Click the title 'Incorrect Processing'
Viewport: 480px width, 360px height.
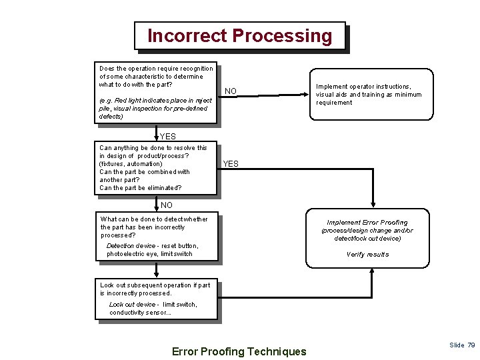pos(239,35)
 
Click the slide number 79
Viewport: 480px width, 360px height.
pos(471,345)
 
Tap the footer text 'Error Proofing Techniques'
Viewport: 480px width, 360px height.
pos(239,351)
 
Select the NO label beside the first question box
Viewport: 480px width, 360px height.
pos(231,91)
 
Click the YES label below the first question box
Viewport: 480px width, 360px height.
pos(167,137)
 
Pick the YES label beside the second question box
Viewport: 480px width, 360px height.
pos(231,164)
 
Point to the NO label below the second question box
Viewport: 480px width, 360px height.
pos(166,205)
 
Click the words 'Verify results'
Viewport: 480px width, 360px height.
pos(367,254)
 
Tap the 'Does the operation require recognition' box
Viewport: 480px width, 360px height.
pos(157,93)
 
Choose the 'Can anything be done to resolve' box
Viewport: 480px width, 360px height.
pos(157,168)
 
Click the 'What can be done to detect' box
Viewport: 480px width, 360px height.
pos(157,236)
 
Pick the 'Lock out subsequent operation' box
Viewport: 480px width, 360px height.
pos(158,299)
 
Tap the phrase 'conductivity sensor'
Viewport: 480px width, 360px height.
pos(137,313)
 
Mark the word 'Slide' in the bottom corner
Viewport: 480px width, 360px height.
pos(457,345)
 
